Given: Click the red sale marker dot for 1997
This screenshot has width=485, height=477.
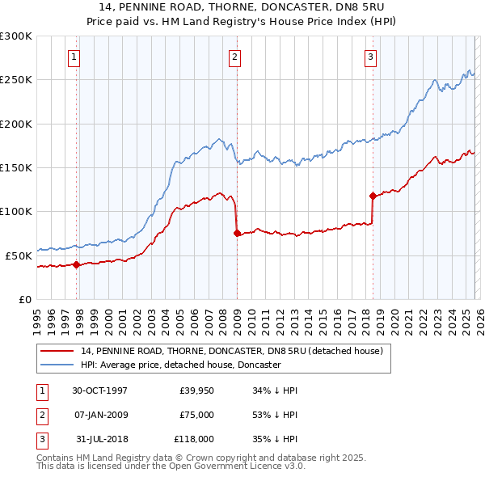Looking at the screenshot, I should [77, 264].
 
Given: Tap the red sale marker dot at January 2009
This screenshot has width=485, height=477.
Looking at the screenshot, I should [237, 234].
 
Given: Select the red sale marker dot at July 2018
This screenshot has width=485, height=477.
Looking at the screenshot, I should [373, 196].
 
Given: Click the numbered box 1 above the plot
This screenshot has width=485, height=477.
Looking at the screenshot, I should [74, 57].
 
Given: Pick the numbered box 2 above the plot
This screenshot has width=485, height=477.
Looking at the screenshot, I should [234, 57].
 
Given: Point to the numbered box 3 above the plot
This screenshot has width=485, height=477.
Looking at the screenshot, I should [369, 57].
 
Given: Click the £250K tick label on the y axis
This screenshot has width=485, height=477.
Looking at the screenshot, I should [16, 80].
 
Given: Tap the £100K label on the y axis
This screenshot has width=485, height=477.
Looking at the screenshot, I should [16, 211].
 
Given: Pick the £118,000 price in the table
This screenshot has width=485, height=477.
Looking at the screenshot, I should [194, 440].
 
